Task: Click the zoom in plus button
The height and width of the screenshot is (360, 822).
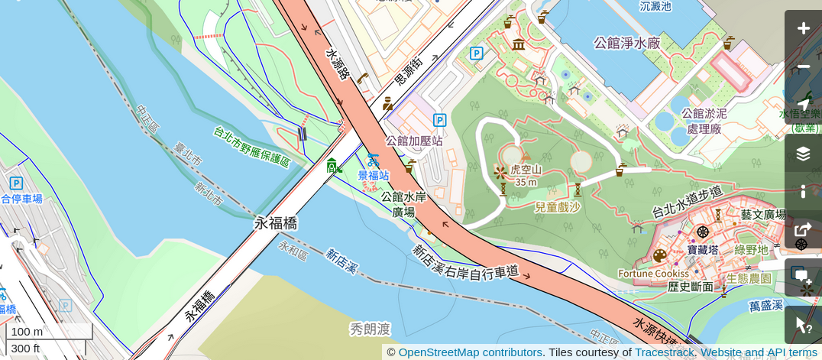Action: coord(803,29)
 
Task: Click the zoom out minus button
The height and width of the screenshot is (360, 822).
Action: coord(803,67)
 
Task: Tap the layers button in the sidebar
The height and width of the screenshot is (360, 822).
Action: coord(803,154)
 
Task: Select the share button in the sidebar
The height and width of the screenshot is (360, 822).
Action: coord(803,229)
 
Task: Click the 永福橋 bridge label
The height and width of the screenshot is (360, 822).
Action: coord(276,223)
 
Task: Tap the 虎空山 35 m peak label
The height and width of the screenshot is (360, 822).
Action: coord(526,175)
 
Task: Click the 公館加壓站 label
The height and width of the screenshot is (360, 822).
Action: coord(414,141)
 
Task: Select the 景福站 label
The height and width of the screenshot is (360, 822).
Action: coord(374,175)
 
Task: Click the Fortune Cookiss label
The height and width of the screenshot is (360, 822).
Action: coord(653,274)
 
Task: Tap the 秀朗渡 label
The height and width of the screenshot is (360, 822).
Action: coord(371,329)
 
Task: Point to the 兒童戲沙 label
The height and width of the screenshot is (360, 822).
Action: coord(557,207)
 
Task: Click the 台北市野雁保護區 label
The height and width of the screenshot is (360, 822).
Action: coord(252,147)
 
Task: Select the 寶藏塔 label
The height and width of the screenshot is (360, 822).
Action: coord(702,250)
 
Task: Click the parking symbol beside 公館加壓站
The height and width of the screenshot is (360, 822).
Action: coord(439,120)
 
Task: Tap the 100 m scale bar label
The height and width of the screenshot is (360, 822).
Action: coord(27,332)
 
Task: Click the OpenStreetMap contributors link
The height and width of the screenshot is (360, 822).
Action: coord(470,352)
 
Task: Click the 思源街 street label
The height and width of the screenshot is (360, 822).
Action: coord(408,70)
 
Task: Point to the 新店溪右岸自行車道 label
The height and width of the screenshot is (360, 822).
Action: coord(465,261)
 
